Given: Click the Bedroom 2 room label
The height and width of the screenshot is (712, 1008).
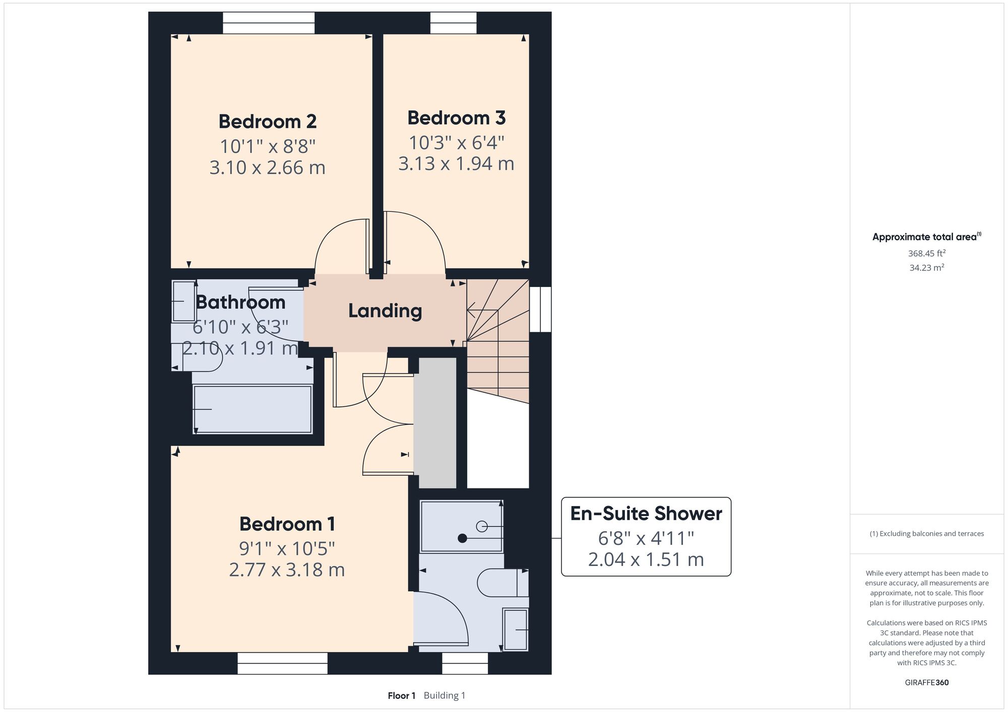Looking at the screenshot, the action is (x=268, y=121).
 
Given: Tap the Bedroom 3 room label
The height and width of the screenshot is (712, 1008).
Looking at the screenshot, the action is (x=456, y=118).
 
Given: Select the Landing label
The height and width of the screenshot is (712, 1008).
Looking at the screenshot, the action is (x=385, y=311).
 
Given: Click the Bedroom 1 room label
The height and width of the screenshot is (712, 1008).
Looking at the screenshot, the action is (x=287, y=524).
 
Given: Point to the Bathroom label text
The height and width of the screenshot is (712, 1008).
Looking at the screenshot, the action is (x=241, y=302).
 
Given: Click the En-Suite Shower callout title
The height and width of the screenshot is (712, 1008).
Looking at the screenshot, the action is (x=646, y=514).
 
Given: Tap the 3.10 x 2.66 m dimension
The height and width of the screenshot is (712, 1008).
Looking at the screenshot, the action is (x=268, y=167).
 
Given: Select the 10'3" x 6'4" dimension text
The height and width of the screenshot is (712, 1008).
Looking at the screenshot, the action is (x=456, y=143).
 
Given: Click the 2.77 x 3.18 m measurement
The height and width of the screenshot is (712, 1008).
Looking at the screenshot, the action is (x=287, y=569).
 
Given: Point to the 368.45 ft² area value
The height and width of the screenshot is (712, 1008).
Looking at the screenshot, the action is (x=927, y=253).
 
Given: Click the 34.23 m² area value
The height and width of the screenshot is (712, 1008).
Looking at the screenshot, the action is (x=927, y=267).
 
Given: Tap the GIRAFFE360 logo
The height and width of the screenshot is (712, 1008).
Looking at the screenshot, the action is (x=927, y=683).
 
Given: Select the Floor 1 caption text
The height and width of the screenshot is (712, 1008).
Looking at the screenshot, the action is (x=402, y=696).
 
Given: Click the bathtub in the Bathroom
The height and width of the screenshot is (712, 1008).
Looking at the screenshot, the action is (x=253, y=409).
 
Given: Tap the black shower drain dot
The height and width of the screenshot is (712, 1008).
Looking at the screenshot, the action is (x=462, y=538).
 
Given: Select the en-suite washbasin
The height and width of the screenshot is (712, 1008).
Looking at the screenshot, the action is (x=515, y=629).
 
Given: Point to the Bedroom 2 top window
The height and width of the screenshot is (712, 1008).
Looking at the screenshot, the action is (x=269, y=23).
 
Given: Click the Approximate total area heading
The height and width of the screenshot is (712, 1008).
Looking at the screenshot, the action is (x=927, y=237).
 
